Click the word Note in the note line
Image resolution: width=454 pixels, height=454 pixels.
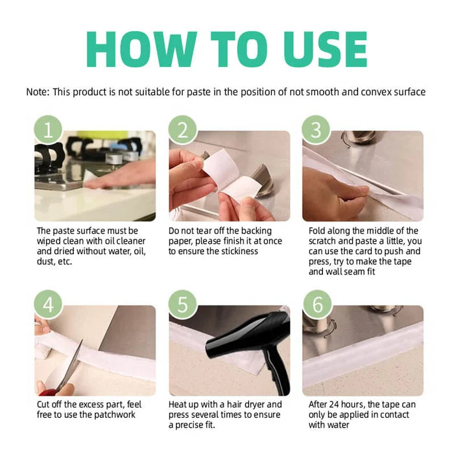point(37,92)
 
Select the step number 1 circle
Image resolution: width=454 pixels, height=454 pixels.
point(49,130)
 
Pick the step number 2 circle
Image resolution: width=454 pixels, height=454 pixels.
point(183,130)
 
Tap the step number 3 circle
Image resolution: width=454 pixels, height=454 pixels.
point(316,130)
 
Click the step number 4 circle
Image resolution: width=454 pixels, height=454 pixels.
point(49,304)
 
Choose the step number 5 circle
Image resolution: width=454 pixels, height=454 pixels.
point(183,304)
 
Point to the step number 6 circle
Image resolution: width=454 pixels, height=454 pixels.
point(318,304)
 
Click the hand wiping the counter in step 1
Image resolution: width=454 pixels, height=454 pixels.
point(122,175)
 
